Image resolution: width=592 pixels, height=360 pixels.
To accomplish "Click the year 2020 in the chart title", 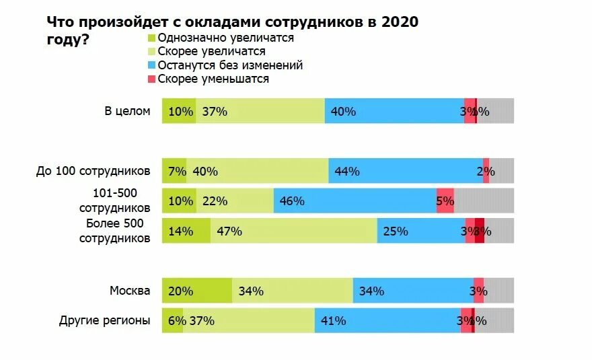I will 400,22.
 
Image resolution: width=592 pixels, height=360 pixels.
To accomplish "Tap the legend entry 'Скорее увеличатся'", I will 211,51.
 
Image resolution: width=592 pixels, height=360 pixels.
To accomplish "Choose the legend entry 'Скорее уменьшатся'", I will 213,79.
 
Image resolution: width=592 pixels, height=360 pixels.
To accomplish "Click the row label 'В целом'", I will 127,111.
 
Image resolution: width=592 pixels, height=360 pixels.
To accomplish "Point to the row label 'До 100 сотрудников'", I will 93,171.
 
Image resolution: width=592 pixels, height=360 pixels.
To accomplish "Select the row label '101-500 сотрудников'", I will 114,201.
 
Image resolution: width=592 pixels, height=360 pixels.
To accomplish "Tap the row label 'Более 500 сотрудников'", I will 114,230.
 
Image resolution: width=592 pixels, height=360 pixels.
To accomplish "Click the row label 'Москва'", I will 130,291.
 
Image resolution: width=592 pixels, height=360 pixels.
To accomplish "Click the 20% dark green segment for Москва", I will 196,291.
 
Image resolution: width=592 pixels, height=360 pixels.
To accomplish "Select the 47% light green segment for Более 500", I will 293,231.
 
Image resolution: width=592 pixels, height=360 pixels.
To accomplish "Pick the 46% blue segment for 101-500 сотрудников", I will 355,201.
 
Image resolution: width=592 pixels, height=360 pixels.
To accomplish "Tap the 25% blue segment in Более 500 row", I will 420,231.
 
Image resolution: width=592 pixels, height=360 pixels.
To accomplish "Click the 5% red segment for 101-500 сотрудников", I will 445,201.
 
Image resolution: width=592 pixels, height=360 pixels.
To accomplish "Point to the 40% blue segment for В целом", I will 394,111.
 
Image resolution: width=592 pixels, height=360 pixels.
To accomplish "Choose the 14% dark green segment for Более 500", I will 186,231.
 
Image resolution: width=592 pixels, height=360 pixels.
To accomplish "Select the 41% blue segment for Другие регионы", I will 387,321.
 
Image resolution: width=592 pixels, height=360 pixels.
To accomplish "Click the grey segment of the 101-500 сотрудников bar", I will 484,201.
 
